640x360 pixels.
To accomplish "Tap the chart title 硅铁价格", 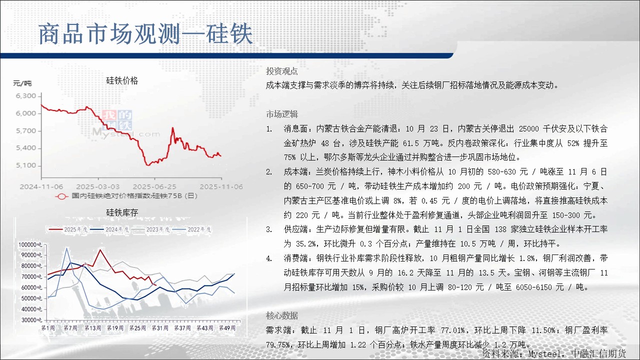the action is (122, 80).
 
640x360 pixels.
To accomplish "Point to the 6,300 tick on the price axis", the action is (26, 95).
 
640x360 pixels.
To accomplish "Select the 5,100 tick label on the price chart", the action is (26, 165).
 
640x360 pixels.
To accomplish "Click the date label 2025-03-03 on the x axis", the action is (97, 186).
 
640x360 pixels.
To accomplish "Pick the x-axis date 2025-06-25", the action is (154, 186).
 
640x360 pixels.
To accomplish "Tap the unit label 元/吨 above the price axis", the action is (22, 83).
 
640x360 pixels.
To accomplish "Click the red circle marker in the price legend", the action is (61, 196).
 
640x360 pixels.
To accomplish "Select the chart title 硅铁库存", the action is (122, 212).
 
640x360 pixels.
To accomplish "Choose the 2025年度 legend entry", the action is (68, 229).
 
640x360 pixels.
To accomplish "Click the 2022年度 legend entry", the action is (192, 229).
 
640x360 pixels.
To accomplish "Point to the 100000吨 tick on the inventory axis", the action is (30, 244).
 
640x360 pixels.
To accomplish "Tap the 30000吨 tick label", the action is (31, 320).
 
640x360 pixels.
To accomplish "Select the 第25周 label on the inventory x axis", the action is (137, 328).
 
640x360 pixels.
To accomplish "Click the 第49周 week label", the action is (227, 328).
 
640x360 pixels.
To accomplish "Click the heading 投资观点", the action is (281, 71).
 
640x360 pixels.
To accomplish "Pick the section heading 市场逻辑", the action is (282, 114).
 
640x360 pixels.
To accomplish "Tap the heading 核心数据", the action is (282, 315).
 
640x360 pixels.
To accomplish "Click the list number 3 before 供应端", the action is (269, 229).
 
